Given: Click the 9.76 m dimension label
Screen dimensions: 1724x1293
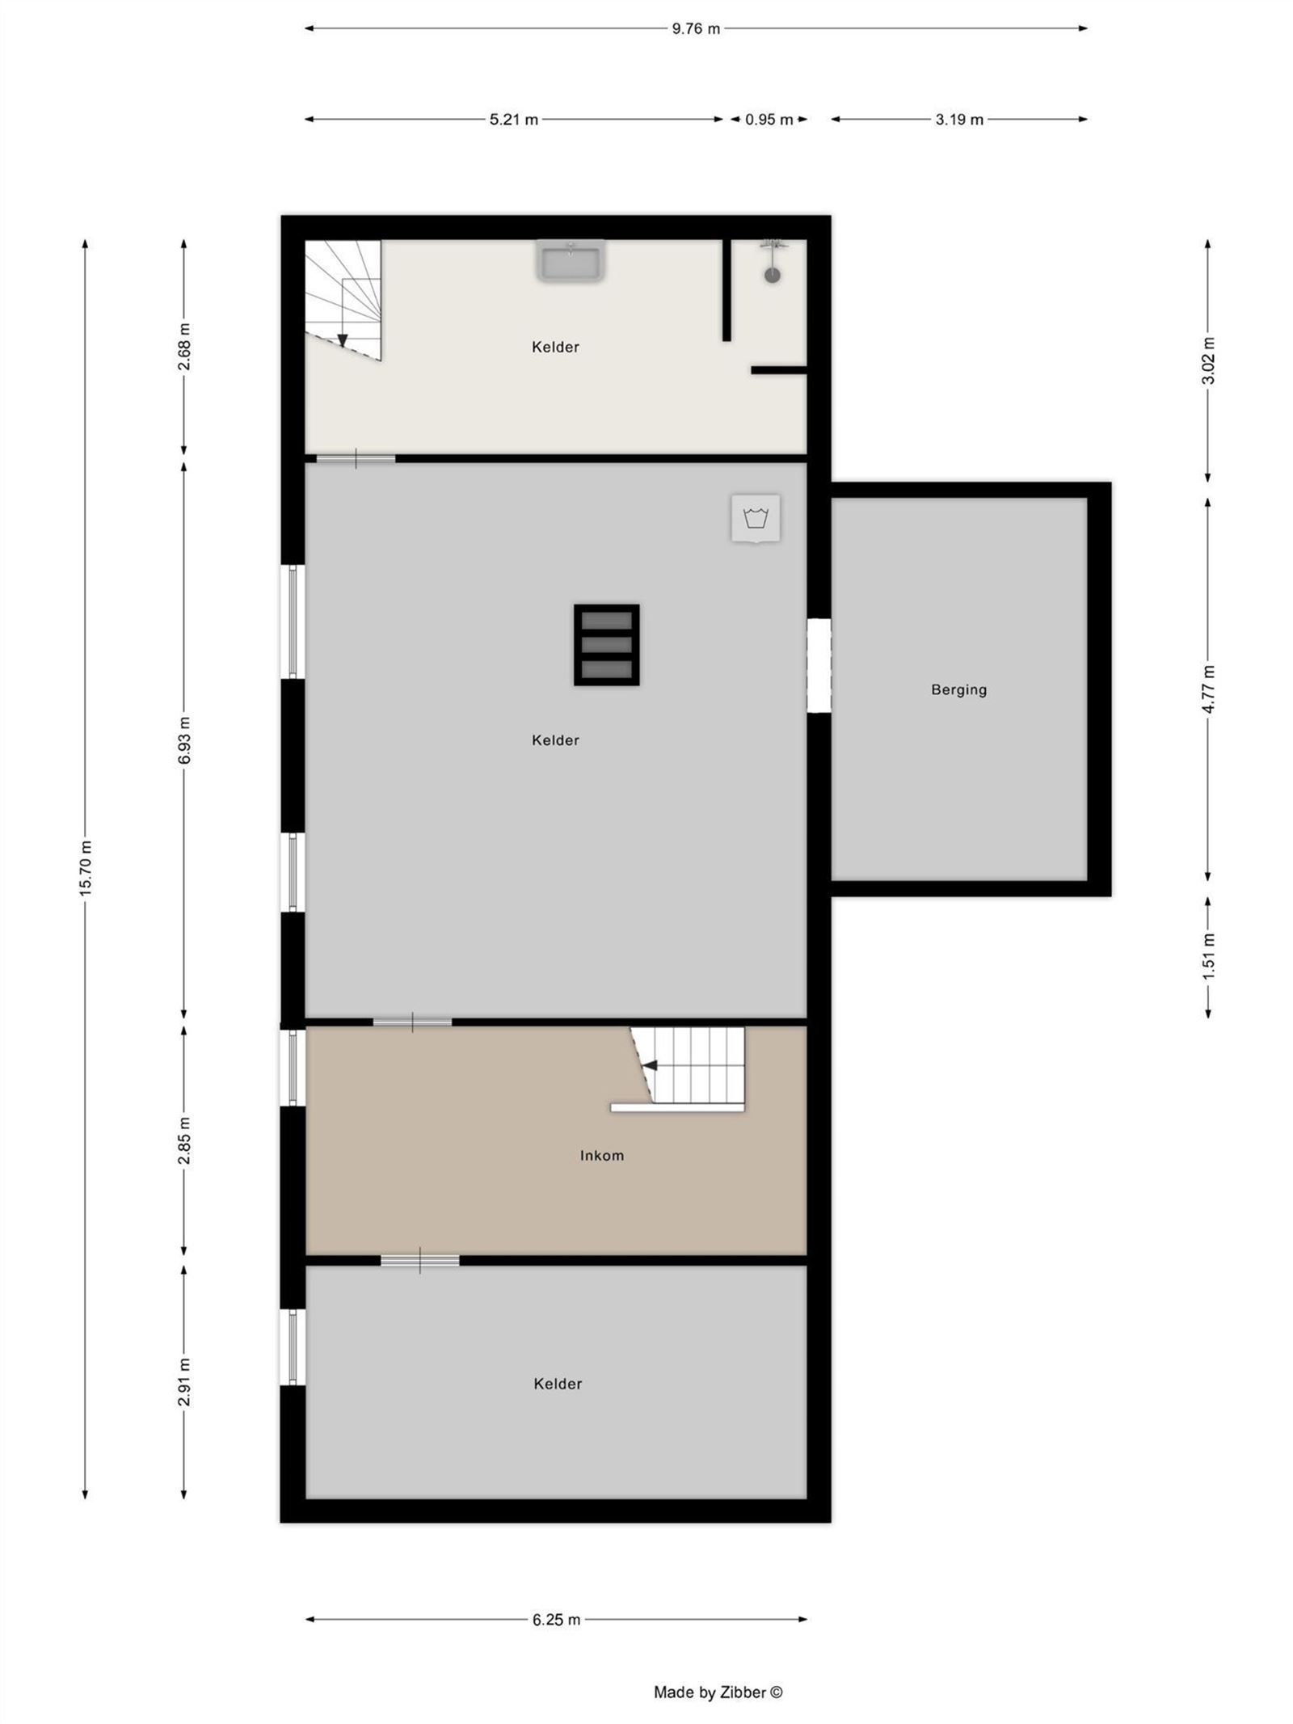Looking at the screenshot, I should coord(695,29).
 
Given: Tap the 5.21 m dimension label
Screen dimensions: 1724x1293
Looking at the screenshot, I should coord(513,120).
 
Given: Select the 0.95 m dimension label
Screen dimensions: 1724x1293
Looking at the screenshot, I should coord(769,120).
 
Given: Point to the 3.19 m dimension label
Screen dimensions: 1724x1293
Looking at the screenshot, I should coord(959,120).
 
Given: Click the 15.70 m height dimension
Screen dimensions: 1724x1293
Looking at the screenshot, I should coord(86,866).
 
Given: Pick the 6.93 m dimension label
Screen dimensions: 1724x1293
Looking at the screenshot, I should coord(184,739).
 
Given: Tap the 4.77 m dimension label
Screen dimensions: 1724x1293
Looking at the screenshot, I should coord(1208,689).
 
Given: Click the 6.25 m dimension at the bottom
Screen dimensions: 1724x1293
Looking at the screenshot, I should coord(556,1620).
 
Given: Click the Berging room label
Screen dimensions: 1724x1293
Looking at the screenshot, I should coord(958,689).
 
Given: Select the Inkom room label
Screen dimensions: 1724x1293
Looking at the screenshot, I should coord(601,1156).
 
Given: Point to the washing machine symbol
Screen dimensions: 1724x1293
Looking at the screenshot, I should coord(756,518).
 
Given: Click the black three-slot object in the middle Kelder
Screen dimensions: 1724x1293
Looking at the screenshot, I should coord(606,644).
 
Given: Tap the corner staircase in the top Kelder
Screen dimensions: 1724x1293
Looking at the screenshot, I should coord(343,299).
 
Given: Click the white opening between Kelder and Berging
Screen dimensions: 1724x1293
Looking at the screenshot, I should coord(819,665).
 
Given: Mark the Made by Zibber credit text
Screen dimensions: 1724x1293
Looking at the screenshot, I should coord(718,1692).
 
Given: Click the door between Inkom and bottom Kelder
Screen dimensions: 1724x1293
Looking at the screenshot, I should coord(419,1260).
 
